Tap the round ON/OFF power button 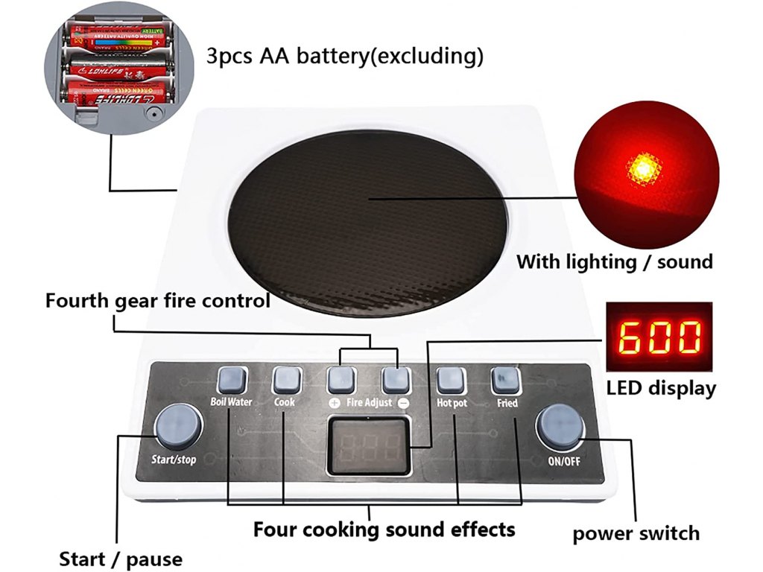(560, 426)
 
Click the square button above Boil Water (231, 381)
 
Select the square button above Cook (285, 381)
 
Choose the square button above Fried (504, 381)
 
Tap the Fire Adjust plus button (341, 381)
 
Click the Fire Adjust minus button (396, 381)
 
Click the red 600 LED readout (660, 337)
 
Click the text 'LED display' (661, 388)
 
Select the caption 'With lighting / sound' (615, 261)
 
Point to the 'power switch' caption (636, 533)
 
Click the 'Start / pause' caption (121, 559)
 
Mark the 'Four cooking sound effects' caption (384, 530)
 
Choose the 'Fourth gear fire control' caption (157, 302)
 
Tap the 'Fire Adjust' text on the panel (368, 402)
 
